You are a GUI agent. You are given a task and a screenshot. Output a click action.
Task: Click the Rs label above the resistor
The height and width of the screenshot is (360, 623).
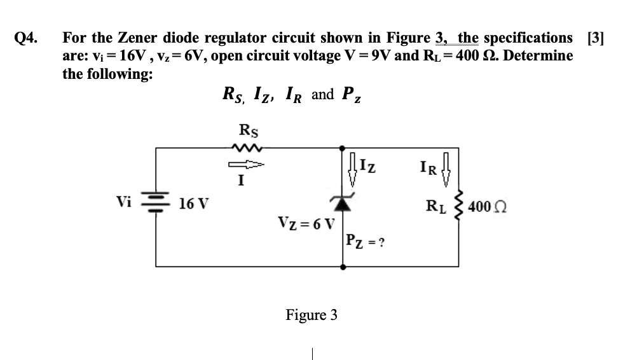[247, 130]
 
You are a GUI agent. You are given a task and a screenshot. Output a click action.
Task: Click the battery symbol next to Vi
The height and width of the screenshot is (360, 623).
[157, 204]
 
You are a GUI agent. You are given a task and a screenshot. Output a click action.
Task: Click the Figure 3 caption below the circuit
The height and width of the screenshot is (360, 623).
[311, 315]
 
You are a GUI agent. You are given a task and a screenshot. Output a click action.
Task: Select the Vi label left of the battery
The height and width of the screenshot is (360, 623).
[125, 203]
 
